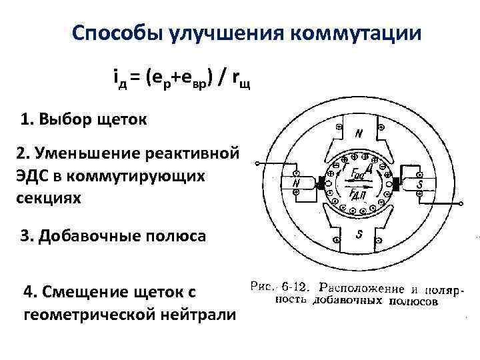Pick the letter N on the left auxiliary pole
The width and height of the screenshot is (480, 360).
point(296,183)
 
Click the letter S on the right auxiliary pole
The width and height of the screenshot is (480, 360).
point(421,182)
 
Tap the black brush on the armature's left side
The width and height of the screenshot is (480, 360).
point(321,183)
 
